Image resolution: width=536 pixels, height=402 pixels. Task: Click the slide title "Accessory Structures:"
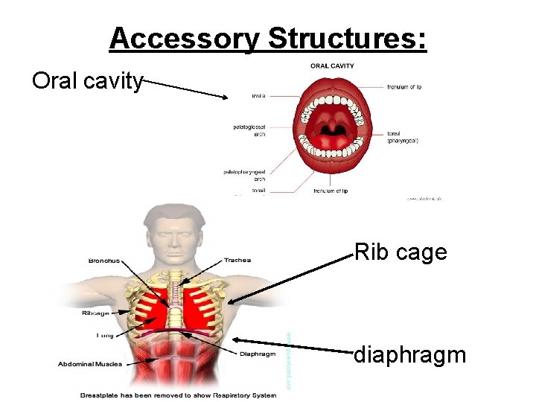[x=268, y=39]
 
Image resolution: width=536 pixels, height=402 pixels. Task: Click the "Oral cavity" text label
[x=87, y=80]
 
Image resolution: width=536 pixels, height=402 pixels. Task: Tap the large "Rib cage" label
[x=401, y=252]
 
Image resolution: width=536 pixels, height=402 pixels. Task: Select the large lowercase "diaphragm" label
[x=409, y=354]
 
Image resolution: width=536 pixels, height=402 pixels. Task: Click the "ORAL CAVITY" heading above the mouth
[x=332, y=66]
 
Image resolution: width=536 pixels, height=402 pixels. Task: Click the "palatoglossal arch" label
[x=249, y=130]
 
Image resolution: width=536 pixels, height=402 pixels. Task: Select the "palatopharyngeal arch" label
[x=245, y=175]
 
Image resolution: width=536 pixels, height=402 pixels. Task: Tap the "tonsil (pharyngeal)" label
[x=403, y=137]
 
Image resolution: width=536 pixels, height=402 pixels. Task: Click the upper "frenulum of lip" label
[x=404, y=87]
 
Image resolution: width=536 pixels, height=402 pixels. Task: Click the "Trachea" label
[x=237, y=261]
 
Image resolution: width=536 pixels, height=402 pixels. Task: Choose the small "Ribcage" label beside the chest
[x=98, y=313]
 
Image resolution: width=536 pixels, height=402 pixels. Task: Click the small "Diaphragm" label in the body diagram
[x=258, y=354]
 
